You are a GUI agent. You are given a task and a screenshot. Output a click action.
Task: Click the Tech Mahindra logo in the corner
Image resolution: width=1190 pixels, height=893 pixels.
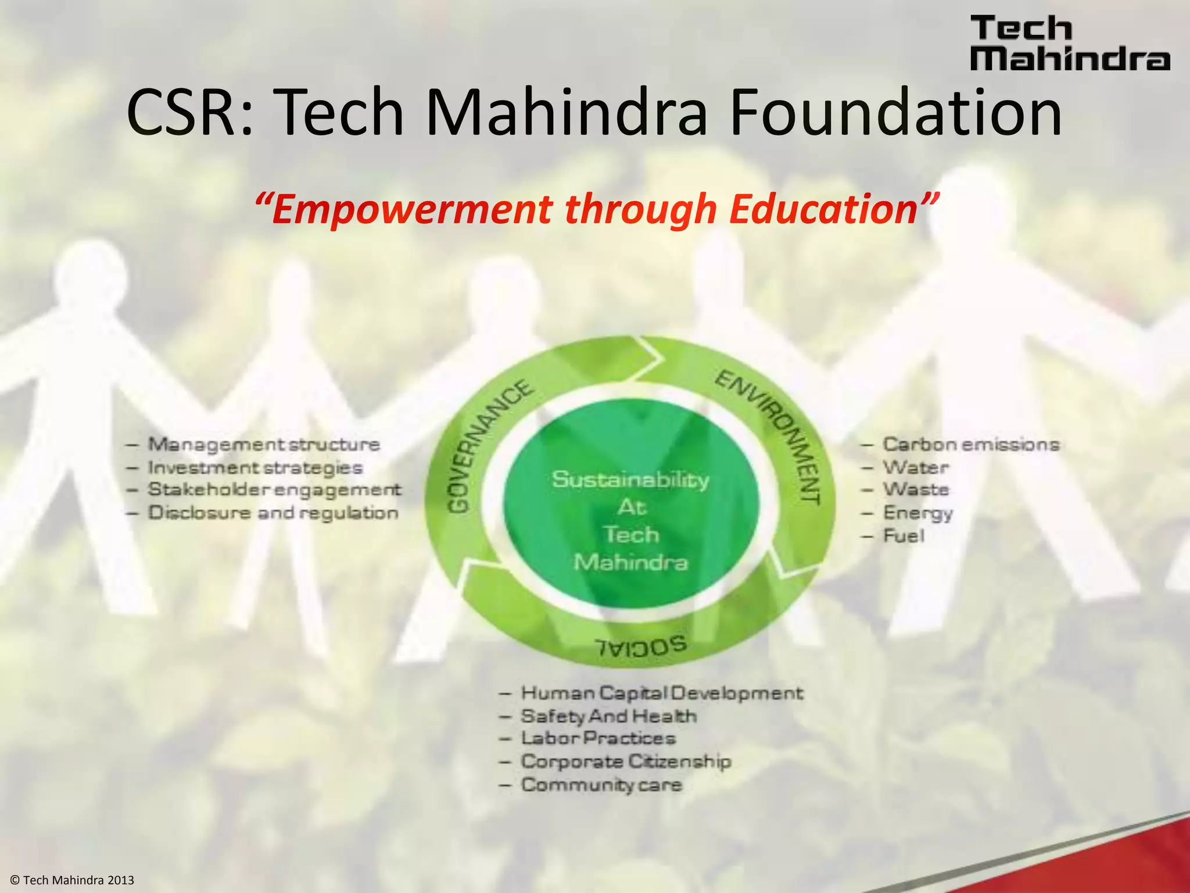click(x=1070, y=44)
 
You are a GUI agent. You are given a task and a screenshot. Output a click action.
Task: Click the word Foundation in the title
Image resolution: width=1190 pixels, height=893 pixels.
click(x=895, y=112)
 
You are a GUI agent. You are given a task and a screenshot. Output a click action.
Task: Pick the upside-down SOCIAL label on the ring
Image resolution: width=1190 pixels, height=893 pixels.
click(x=640, y=645)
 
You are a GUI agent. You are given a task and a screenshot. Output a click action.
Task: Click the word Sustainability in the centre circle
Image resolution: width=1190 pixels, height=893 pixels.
click(x=630, y=480)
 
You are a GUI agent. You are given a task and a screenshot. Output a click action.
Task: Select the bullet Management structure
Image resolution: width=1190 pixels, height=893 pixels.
click(x=263, y=445)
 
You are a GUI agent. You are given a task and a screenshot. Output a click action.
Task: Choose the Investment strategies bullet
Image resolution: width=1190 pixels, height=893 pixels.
click(x=255, y=468)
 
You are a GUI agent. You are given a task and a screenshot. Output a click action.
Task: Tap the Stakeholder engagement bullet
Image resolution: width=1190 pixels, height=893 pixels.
click(x=274, y=490)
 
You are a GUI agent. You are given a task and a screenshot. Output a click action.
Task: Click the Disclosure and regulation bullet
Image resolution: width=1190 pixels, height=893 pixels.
click(x=273, y=513)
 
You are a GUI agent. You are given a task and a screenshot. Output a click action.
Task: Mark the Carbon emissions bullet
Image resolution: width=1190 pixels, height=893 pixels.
click(x=970, y=445)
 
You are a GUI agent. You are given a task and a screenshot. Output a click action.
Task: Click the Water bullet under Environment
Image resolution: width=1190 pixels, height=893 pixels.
click(x=916, y=467)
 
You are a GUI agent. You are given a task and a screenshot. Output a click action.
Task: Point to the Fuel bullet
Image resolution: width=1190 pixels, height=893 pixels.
click(x=904, y=535)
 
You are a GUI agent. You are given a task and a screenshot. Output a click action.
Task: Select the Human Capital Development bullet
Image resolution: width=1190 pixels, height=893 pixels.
click(x=661, y=693)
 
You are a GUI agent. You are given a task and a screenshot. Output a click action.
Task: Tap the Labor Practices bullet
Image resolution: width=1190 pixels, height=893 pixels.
click(x=598, y=738)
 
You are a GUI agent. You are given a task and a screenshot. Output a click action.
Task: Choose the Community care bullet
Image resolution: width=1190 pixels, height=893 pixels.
click(x=601, y=785)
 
